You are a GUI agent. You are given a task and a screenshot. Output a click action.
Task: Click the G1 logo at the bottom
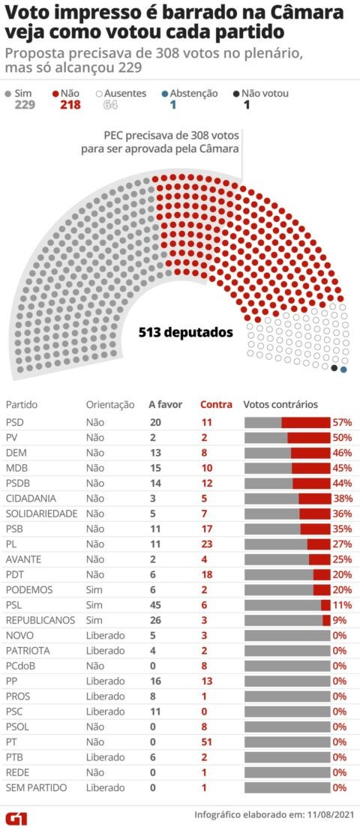tap(16, 817)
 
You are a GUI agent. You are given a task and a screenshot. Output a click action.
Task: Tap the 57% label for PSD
tap(343, 423)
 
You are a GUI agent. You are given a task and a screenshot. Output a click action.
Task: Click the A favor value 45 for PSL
tap(156, 605)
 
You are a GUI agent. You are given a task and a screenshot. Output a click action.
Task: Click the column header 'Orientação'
tap(110, 405)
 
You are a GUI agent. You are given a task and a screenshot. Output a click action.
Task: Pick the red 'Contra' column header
tap(216, 405)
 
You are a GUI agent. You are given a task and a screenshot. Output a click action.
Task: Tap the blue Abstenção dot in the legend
tap(165, 94)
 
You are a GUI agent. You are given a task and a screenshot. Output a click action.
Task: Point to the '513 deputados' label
tap(186, 332)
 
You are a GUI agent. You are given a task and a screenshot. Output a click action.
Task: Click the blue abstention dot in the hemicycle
tap(343, 370)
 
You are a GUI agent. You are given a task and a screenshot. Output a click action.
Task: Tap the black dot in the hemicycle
tap(334, 367)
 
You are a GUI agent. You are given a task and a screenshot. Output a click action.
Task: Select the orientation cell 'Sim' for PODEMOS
tap(94, 590)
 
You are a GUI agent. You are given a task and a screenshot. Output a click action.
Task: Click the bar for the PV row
tap(287, 438)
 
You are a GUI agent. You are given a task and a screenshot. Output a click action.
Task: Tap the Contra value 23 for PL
tap(206, 544)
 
